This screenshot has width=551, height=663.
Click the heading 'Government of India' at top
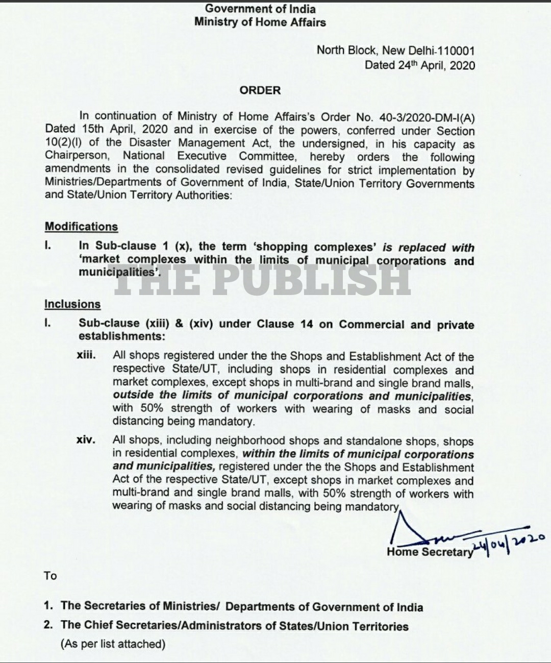260,9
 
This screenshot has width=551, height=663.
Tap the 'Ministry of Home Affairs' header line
260,22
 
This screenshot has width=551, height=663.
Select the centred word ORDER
260,90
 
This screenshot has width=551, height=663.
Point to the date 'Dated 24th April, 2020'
419,65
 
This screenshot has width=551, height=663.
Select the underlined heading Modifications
81,227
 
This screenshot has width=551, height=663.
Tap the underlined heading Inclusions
72,304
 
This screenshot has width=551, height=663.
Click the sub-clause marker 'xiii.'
86,355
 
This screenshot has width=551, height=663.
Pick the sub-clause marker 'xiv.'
86,439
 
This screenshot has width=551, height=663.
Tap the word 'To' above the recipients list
50,576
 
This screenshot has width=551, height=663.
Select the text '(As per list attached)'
113,644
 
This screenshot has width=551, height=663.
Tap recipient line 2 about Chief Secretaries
234,625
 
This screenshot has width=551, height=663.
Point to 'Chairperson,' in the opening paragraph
77,156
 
